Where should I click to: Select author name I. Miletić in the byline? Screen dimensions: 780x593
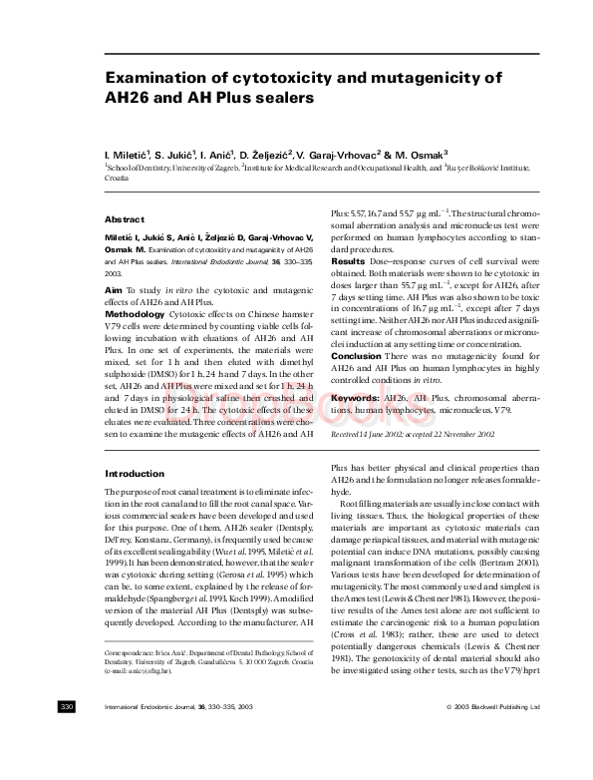point(130,157)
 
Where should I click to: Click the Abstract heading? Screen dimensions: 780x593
point(125,219)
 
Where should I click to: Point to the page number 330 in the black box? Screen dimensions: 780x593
point(68,763)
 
